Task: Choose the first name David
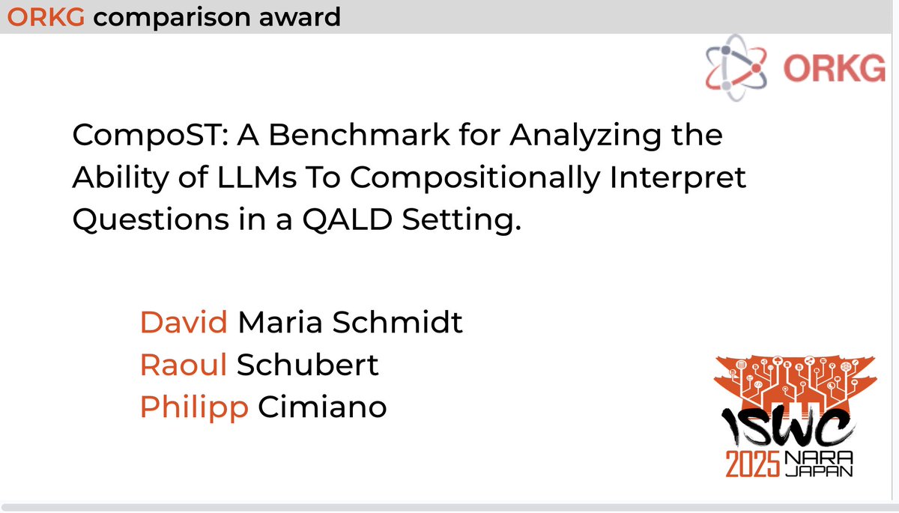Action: pyautogui.click(x=184, y=323)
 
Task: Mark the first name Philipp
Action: pyautogui.click(x=194, y=407)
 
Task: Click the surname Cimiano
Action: pyautogui.click(x=321, y=407)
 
